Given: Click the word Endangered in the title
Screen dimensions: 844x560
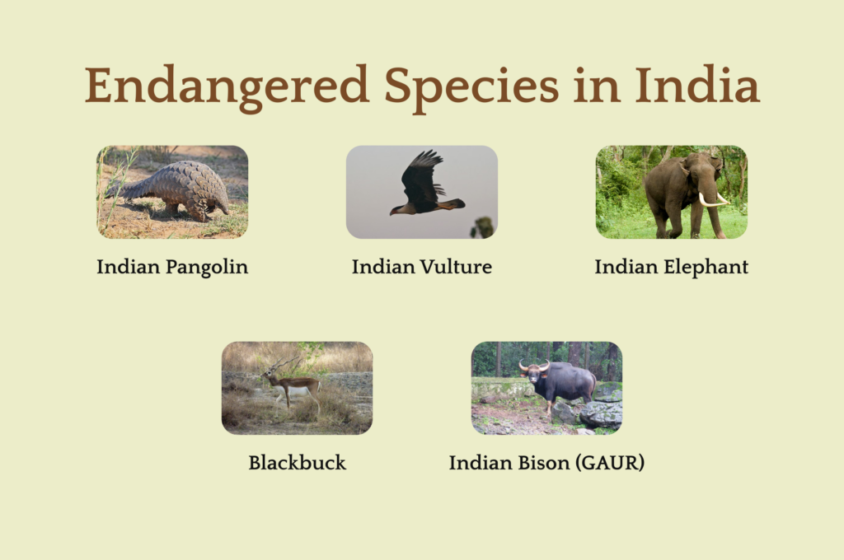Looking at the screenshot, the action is pos(227,86).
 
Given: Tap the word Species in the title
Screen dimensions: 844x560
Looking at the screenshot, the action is pos(471,86).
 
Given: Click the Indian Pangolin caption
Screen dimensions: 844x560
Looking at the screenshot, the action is pos(172,267).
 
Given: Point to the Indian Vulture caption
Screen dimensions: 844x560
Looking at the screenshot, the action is pos(422,267).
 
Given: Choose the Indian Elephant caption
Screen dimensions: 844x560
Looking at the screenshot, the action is pos(671,267).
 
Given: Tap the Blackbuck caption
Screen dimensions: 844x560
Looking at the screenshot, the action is pos(297,463).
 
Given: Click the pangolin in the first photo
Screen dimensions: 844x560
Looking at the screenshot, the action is pos(172,190).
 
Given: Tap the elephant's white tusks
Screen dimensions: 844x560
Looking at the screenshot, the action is pos(713,200).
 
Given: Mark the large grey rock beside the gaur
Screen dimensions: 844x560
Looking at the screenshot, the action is pos(601,414).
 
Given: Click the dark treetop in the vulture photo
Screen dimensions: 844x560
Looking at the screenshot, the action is pos(483,227).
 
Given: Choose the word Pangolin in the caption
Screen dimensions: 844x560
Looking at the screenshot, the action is pos(207,268).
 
